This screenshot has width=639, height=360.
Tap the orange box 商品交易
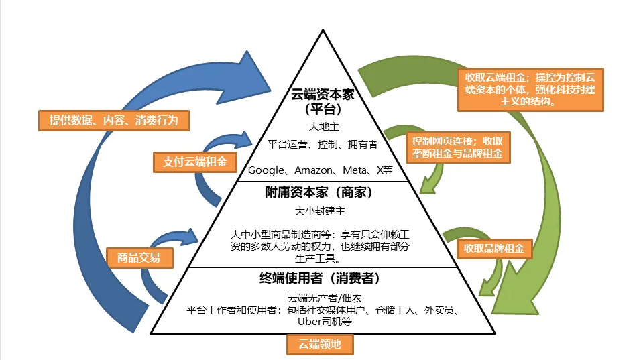139,257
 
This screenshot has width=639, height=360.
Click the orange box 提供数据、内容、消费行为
113,121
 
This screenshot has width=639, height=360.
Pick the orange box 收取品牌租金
495,249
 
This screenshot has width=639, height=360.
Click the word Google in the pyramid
266,170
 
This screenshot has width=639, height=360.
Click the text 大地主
319,125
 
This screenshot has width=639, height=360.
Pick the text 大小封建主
319,212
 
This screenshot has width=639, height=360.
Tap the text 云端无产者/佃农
319,297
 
